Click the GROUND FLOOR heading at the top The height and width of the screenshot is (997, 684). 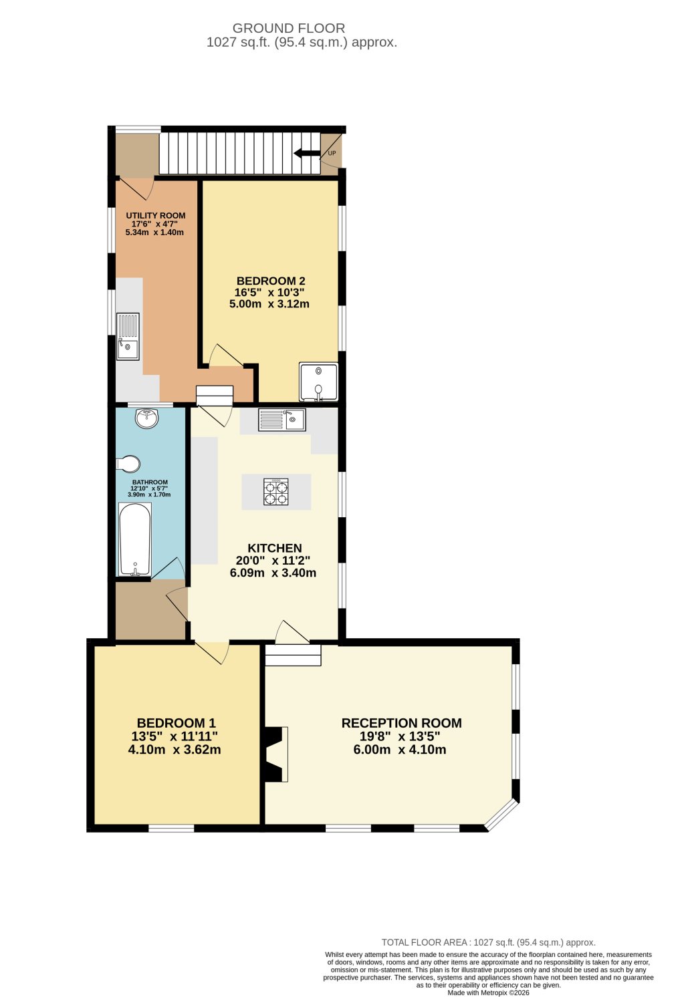pos(289,28)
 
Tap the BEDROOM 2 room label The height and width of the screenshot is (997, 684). pos(271,281)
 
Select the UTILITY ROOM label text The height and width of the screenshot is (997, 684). pos(156,216)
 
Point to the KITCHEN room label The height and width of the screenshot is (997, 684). pos(274,548)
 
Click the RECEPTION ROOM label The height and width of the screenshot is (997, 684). pos(401,723)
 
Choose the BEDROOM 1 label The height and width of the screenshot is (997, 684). pos(176,723)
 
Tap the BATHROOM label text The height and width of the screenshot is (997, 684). pos(150,482)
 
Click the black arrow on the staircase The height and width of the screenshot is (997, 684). pos(306,153)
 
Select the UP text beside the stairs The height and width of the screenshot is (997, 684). pos(332,153)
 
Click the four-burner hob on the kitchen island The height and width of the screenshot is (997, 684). pos(276,492)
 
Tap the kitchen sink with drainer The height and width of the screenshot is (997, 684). pos(281,420)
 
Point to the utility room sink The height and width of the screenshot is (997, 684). pos(128,337)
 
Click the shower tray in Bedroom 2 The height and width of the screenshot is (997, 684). pos(318,382)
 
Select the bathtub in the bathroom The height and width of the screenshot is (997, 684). pos(135,539)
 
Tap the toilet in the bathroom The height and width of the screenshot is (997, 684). pos(128,464)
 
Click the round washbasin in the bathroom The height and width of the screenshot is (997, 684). pos(146,418)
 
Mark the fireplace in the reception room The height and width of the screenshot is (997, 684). pos(276,753)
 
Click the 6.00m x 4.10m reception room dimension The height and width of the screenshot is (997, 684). pos(400,750)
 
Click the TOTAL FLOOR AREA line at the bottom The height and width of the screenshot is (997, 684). pos(488,942)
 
